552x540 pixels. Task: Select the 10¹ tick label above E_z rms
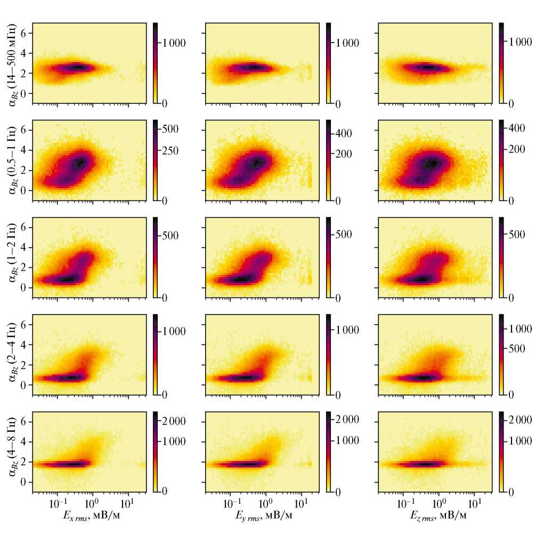473,502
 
